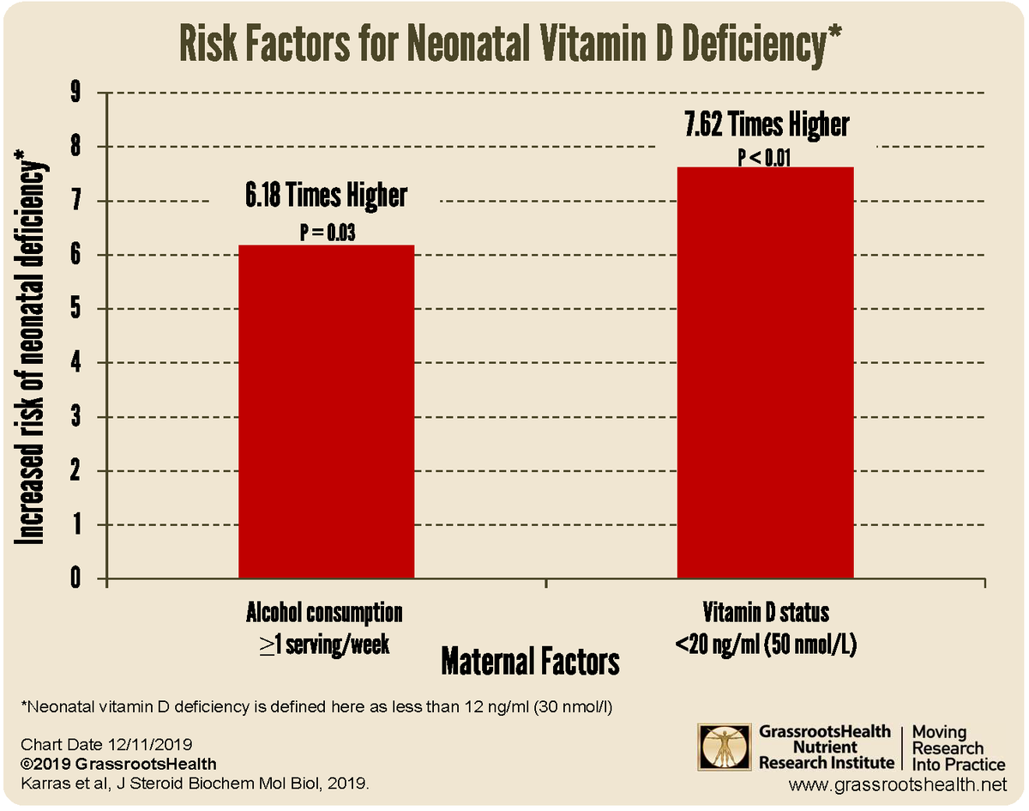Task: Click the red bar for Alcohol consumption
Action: point(326,412)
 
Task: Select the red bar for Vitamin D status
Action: point(765,373)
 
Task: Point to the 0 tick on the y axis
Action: point(75,579)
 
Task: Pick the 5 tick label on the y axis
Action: point(75,309)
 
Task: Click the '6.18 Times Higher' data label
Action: point(326,197)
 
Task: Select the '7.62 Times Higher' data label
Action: point(766,124)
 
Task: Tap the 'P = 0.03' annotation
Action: point(326,233)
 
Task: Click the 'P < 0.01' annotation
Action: point(766,158)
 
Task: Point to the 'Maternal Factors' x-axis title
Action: point(530,662)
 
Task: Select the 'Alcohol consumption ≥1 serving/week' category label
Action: point(324,629)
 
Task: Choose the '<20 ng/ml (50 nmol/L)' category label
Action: point(766,645)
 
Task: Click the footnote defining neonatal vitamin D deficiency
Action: point(319,708)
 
